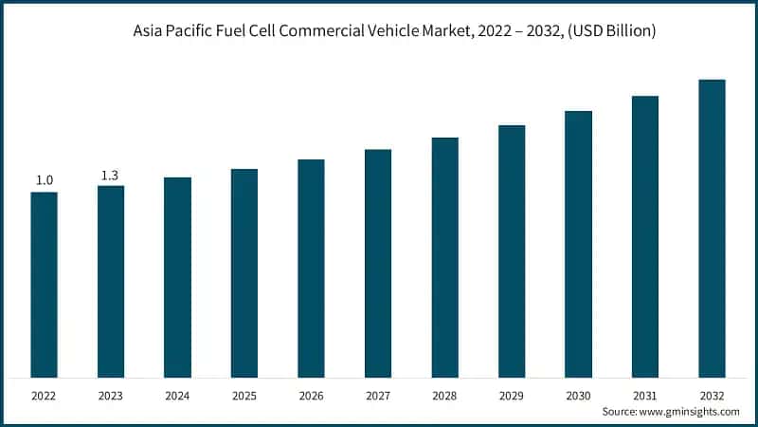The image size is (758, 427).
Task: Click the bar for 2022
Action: click(44, 285)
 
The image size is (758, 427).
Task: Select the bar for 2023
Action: click(111, 282)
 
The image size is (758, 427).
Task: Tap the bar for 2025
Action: click(244, 273)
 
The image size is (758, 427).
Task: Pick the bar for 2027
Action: click(378, 263)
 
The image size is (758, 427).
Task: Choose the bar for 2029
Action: click(512, 251)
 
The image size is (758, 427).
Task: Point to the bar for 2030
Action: click(578, 244)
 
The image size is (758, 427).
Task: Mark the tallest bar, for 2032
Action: click(712, 228)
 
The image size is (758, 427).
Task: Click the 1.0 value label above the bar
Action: click(45, 180)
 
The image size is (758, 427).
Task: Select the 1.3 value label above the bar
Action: click(111, 175)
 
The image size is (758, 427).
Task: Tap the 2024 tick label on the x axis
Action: click(177, 395)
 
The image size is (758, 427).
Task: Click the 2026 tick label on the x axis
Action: click(311, 395)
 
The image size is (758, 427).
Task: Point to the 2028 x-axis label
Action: click(444, 395)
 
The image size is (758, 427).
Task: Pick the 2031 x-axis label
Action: click(645, 395)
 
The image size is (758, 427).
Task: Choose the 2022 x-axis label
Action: click(44, 395)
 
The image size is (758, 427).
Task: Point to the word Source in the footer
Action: click(621, 412)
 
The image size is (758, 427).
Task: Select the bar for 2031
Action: click(645, 236)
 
